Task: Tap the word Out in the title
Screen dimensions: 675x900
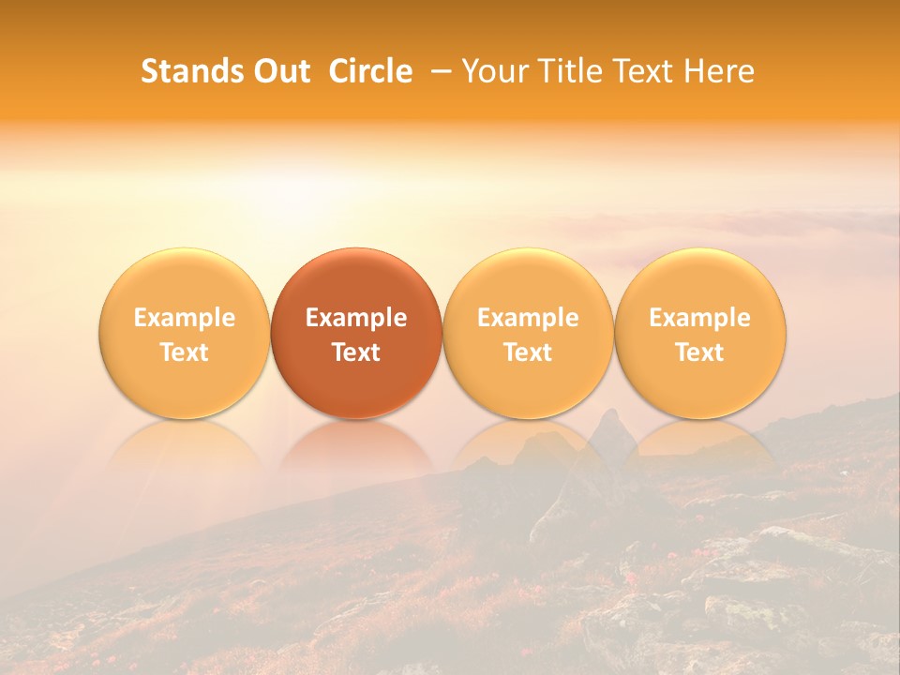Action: coord(279,71)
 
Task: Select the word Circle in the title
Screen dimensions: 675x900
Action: coord(370,71)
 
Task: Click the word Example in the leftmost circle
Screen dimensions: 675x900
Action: coord(185,318)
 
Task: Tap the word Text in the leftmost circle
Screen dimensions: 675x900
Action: coord(185,352)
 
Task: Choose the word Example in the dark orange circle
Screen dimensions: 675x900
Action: coord(356,318)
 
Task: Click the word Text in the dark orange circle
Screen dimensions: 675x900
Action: coord(356,352)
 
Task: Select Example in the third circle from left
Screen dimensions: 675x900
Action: coord(528,318)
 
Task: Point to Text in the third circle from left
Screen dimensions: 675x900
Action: coord(528,352)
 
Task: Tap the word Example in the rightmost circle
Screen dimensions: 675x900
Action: coord(699,318)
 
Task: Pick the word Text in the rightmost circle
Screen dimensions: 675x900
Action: coord(699,352)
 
